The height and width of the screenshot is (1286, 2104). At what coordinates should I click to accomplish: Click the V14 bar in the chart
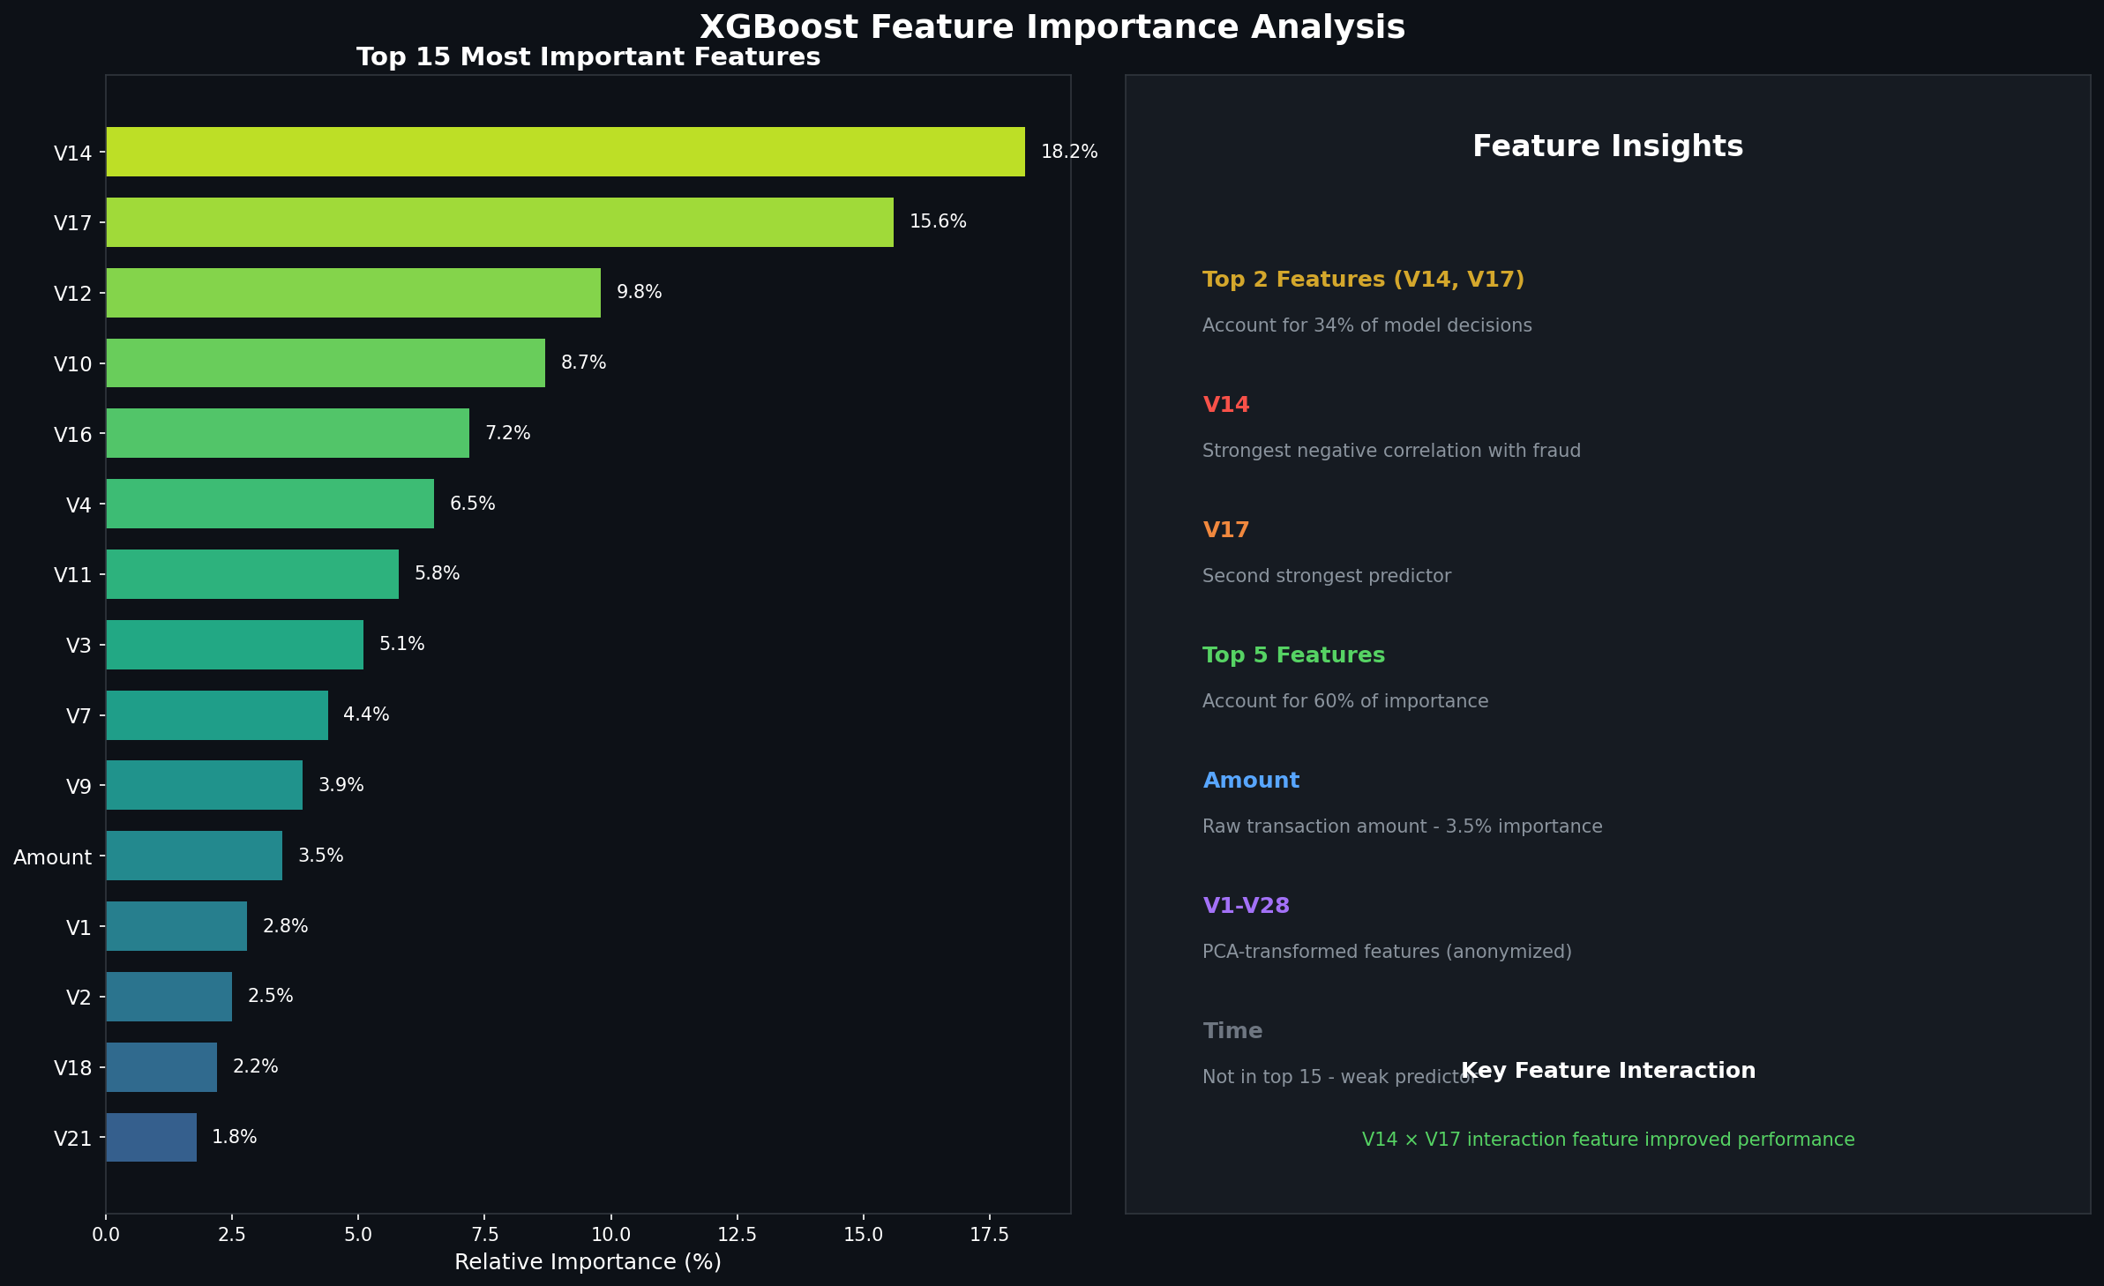pyautogui.click(x=565, y=152)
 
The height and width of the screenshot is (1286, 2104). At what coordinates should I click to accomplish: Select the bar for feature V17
pyautogui.click(x=499, y=222)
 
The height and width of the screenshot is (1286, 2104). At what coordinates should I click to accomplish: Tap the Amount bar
pyautogui.click(x=194, y=856)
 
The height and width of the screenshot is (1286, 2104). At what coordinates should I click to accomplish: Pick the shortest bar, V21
pyautogui.click(x=151, y=1137)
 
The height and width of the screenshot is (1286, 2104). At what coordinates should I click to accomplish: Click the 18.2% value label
pyautogui.click(x=1068, y=152)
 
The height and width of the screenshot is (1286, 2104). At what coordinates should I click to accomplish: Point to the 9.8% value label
pyautogui.click(x=639, y=292)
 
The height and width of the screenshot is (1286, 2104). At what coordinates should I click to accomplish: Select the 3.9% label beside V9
pyautogui.click(x=341, y=785)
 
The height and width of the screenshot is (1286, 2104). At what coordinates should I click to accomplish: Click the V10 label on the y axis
pyautogui.click(x=72, y=363)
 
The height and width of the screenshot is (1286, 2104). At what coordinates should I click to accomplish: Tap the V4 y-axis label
pyautogui.click(x=79, y=505)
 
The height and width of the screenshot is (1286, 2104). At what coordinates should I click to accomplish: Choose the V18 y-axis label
pyautogui.click(x=72, y=1067)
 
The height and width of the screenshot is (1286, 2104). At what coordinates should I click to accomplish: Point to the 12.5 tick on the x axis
pyautogui.click(x=737, y=1235)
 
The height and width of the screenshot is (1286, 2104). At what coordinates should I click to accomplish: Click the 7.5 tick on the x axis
pyautogui.click(x=484, y=1235)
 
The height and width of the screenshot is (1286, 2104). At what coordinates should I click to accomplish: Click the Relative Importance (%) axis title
pyautogui.click(x=588, y=1262)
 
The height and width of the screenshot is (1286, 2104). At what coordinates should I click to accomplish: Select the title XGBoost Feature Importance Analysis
pyautogui.click(x=1052, y=27)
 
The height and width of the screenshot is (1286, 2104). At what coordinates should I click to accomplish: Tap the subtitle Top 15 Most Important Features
pyautogui.click(x=588, y=57)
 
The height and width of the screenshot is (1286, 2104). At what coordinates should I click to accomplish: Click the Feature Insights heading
pyautogui.click(x=1607, y=146)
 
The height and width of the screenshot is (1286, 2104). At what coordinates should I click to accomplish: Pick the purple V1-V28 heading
pyautogui.click(x=1246, y=906)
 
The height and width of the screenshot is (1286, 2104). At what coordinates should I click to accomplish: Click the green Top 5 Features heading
pyautogui.click(x=1293, y=655)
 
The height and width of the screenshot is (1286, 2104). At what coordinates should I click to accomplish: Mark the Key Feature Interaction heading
pyautogui.click(x=1607, y=1071)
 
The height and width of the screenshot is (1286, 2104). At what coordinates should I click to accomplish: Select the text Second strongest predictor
pyautogui.click(x=1326, y=576)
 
